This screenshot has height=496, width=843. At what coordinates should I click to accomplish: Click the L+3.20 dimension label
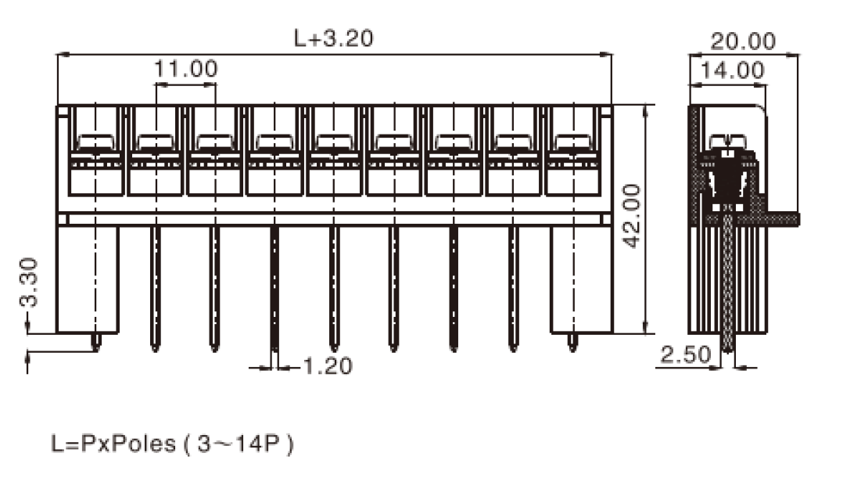(x=333, y=38)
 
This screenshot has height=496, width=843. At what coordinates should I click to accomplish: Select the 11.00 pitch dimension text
(x=186, y=69)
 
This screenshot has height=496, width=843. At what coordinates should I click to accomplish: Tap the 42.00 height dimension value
(x=632, y=216)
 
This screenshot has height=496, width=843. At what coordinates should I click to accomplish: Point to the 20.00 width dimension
(x=743, y=41)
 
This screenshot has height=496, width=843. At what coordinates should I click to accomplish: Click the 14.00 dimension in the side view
(x=732, y=70)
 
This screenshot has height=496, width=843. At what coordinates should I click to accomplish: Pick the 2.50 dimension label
(x=686, y=354)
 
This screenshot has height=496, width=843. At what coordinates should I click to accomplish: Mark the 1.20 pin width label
(x=328, y=366)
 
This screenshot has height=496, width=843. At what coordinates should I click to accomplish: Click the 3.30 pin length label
(x=29, y=282)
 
